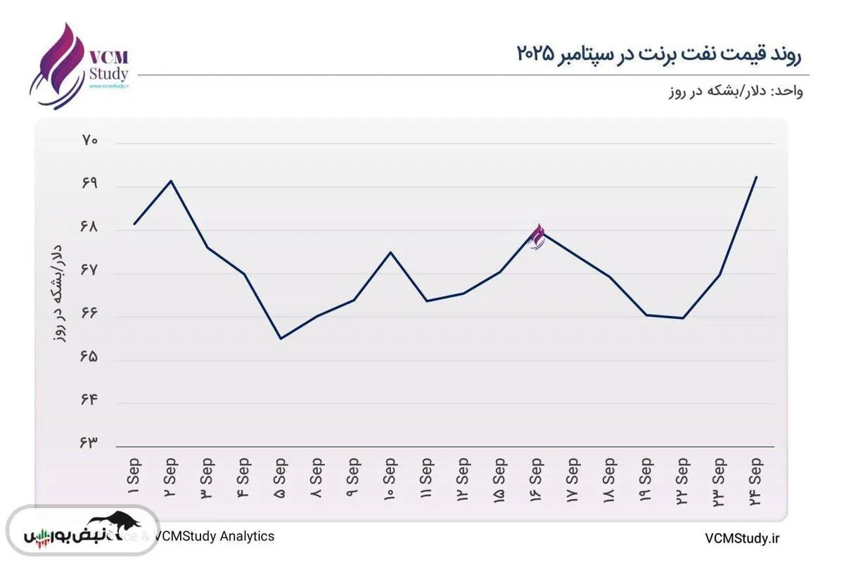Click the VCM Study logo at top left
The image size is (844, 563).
coord(79,65)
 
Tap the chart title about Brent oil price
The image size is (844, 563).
coord(659,53)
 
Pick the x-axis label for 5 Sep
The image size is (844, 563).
coord(281,479)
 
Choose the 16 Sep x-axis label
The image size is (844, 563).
coord(537,479)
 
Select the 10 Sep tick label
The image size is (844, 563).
coord(390,479)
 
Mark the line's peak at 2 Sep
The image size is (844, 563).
coord(171,181)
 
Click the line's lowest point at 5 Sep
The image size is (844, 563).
coord(281,339)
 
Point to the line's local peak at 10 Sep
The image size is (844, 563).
coord(390,252)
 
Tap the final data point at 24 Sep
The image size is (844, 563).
coord(756,177)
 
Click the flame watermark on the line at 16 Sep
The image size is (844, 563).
coord(537,236)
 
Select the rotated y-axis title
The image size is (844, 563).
coord(60,292)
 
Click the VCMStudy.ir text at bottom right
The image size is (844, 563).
coord(743,538)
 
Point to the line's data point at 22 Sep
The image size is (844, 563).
coord(683,318)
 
